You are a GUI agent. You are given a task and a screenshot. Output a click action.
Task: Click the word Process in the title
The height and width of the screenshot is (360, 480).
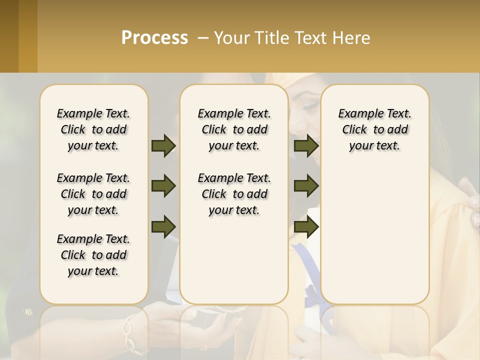pos(154,38)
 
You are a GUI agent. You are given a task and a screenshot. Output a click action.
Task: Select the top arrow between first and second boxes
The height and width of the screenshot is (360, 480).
pos(163,145)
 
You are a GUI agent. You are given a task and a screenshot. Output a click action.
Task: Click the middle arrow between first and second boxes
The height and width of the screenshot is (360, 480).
pos(163,186)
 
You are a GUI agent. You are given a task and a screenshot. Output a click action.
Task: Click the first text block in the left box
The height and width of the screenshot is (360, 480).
pos(93,129)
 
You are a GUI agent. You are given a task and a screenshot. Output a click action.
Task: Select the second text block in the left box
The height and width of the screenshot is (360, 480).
pos(93,194)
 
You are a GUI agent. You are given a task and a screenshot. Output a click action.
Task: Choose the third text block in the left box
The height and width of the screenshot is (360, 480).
pos(93,255)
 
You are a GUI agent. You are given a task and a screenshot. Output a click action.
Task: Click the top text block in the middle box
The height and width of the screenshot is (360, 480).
pos(234,129)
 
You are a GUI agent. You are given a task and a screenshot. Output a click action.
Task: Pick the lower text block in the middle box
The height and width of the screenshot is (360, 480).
pos(234,194)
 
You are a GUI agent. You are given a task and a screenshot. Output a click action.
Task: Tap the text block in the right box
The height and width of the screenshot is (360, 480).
pos(374,129)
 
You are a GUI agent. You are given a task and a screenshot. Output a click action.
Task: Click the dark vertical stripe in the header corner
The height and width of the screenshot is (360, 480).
pos(9,36)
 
